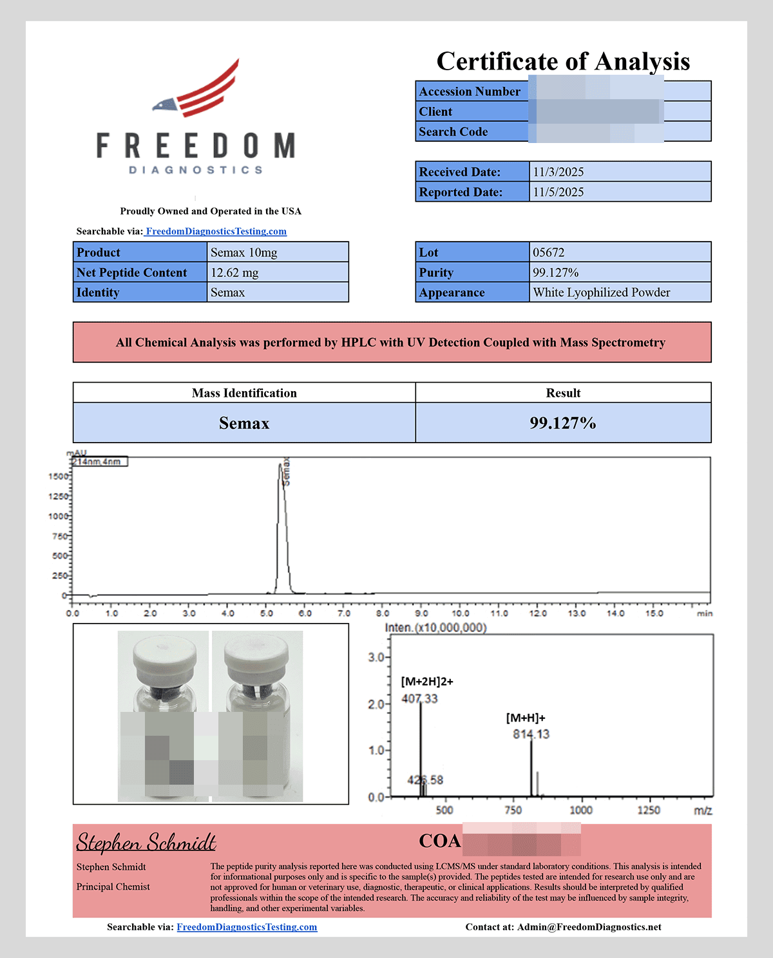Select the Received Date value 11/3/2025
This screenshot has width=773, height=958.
(558, 172)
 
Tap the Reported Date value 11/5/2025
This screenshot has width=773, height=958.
(558, 192)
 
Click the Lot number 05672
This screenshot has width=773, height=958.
(549, 253)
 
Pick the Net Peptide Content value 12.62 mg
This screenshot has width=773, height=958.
(234, 273)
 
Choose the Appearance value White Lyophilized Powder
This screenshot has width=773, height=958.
(602, 292)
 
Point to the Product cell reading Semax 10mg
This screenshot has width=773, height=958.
(244, 253)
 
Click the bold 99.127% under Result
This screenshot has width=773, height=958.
(563, 423)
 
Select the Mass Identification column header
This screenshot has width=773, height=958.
(244, 393)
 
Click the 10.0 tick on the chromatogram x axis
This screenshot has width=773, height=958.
(460, 613)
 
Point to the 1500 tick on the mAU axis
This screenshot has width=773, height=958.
(59, 476)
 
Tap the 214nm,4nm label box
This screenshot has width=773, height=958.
(99, 461)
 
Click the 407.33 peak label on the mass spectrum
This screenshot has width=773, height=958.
(419, 699)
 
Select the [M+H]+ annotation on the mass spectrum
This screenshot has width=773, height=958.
(526, 718)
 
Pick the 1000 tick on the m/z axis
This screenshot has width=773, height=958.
(581, 810)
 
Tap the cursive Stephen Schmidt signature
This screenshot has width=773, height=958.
(146, 842)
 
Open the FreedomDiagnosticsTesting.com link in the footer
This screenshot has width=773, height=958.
(247, 927)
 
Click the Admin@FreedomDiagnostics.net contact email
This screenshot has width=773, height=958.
(589, 927)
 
